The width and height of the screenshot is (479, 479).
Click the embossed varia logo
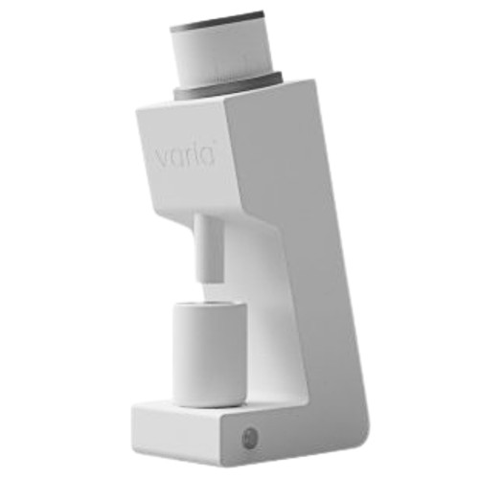pyautogui.click(x=186, y=157)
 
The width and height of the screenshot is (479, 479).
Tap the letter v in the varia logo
pyautogui.click(x=164, y=157)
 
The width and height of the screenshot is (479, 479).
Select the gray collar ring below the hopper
pyautogui.click(x=228, y=85)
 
